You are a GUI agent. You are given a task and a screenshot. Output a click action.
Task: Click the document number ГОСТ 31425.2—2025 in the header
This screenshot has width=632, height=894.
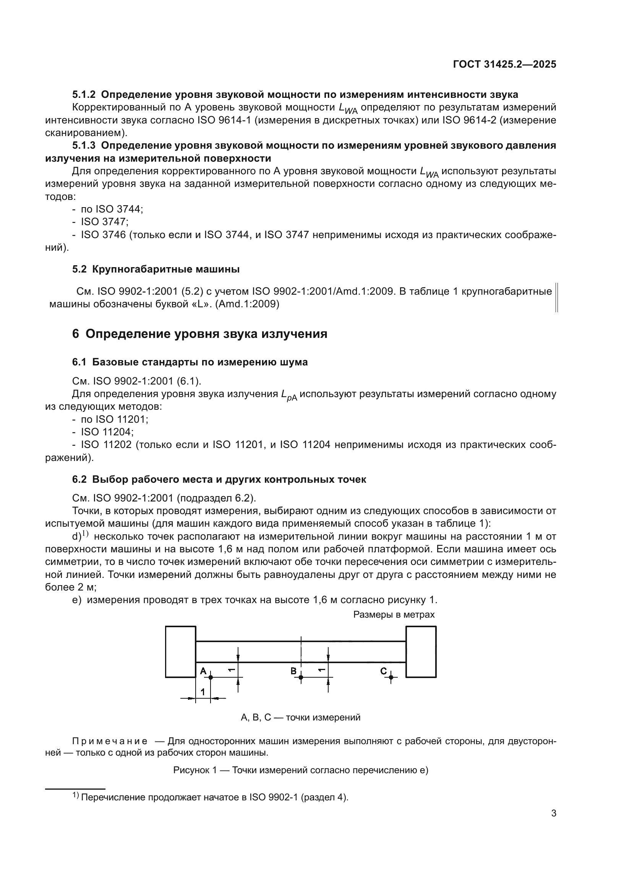point(504,64)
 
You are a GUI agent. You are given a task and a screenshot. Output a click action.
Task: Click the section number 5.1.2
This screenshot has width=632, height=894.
point(84,95)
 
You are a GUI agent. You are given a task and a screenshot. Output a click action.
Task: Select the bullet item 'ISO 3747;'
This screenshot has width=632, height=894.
point(104,222)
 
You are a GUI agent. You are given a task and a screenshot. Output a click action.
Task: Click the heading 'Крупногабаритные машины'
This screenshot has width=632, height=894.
point(166,269)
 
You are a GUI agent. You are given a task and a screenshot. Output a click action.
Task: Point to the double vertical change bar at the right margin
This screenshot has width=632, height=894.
point(556,297)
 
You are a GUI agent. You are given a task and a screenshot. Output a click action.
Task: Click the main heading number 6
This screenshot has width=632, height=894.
point(76,334)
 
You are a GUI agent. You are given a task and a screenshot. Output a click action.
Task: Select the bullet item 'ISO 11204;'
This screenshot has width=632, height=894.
point(107,432)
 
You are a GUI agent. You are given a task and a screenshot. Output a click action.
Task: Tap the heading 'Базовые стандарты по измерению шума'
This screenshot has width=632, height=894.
point(199,362)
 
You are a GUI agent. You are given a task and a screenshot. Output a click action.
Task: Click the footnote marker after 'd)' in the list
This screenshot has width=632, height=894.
point(85,534)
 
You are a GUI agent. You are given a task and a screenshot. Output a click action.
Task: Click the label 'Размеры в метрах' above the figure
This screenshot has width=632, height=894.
point(394,615)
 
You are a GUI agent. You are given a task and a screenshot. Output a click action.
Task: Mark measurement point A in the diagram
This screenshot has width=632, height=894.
point(211,677)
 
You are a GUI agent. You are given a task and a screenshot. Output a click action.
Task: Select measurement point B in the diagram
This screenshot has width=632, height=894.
point(301,677)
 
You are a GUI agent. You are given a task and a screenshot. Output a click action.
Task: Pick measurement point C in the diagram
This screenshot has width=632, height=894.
point(391,677)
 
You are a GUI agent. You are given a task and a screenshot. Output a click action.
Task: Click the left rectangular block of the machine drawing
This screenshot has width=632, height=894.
point(180,652)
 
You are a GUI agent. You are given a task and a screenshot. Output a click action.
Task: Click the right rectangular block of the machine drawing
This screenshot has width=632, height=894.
point(421,652)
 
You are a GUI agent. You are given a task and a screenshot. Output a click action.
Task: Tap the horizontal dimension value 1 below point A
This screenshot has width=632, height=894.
point(203,691)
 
